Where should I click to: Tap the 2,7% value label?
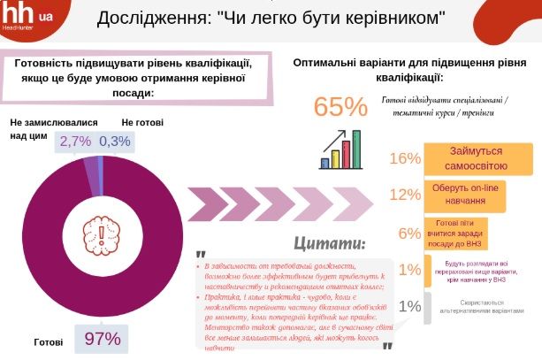click(x=75, y=141)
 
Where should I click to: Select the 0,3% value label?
click(x=115, y=141)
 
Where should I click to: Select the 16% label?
click(x=404, y=158)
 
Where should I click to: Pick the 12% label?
click(x=404, y=195)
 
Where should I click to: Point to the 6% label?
click(x=408, y=234)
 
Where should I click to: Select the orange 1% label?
click(x=408, y=269)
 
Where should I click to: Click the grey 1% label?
click(x=408, y=306)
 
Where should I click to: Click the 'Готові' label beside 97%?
click(x=49, y=340)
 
